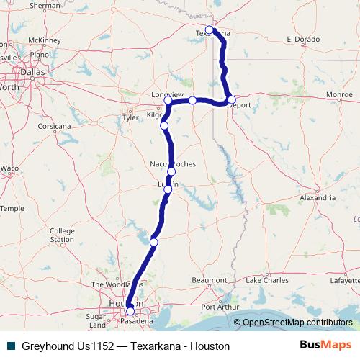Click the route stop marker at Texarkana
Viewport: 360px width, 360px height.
click(x=210, y=30)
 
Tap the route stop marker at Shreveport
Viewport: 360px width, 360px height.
click(x=231, y=99)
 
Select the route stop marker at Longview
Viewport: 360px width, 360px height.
click(x=168, y=101)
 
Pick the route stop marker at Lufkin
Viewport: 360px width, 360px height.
click(x=168, y=189)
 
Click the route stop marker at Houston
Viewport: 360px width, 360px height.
click(x=130, y=311)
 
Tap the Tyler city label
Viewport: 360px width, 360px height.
click(x=131, y=117)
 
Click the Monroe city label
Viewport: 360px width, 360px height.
click(x=339, y=94)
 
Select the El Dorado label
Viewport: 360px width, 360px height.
click(x=302, y=39)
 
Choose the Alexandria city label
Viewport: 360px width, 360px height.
click(x=318, y=197)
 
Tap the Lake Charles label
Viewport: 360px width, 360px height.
click(x=267, y=279)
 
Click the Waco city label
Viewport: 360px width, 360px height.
click(x=9, y=168)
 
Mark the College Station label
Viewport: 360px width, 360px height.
click(x=62, y=235)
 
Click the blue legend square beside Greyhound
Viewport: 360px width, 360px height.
click(x=11, y=346)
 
